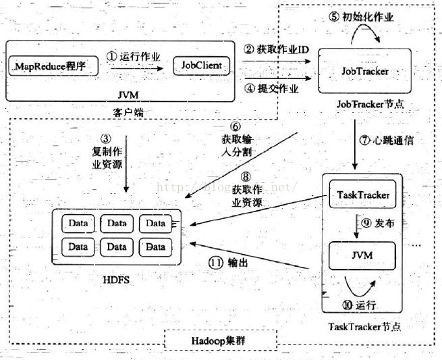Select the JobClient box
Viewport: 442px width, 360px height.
pos(200,66)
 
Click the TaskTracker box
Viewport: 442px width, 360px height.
pos(362,195)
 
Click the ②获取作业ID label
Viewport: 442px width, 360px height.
pos(277,50)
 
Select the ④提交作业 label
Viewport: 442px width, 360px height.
pos(273,88)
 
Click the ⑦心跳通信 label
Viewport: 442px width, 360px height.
pos(387,142)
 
